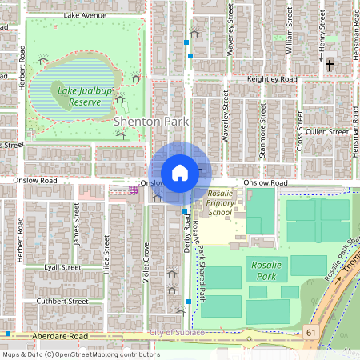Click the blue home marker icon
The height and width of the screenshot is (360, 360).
click(180, 173)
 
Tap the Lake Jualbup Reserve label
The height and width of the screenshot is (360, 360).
click(78, 96)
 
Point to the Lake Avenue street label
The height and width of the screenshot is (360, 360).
click(86, 15)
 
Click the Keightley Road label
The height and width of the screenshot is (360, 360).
click(272, 80)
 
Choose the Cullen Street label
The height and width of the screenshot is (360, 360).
click(326, 131)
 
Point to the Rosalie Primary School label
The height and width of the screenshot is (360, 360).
click(221, 203)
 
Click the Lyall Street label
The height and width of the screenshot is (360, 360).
click(62, 266)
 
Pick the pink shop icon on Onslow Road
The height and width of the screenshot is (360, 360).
click(132, 190)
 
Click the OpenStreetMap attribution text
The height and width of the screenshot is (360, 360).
click(81, 354)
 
